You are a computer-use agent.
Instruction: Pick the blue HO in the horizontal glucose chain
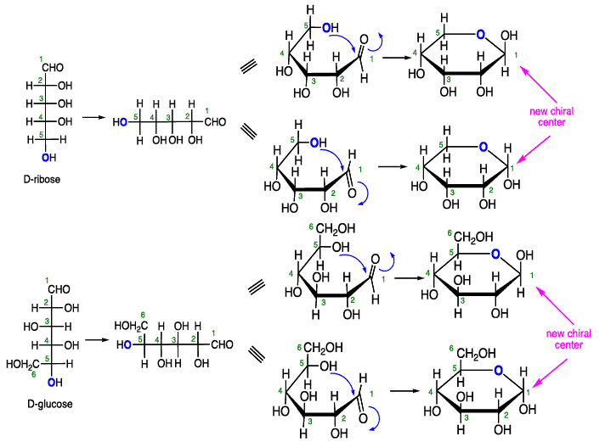coord(123,344)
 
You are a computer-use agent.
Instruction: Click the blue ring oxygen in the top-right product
coord(482,35)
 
